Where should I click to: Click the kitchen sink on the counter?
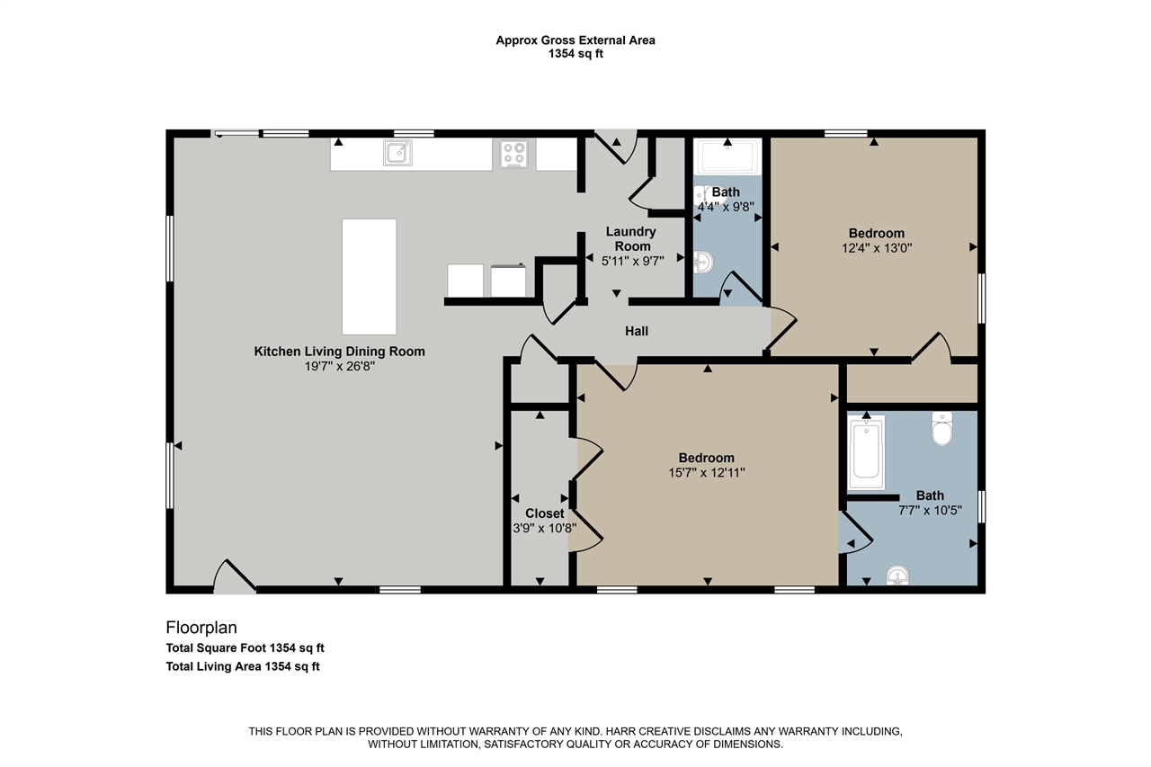(397, 153)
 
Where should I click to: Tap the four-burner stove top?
(513, 153)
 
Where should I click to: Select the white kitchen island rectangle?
(369, 276)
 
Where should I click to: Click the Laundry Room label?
(631, 239)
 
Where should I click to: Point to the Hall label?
(636, 332)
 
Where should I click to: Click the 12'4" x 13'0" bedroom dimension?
(877, 248)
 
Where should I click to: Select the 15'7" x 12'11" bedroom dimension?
(707, 473)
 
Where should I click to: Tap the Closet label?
(545, 513)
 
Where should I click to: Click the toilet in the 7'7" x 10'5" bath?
(941, 428)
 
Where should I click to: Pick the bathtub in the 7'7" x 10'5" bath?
(866, 452)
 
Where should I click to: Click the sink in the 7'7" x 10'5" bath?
(897, 575)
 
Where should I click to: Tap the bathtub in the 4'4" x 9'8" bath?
(727, 156)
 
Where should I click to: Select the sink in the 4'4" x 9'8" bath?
(702, 263)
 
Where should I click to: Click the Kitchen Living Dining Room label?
(339, 352)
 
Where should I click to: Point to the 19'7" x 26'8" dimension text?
(339, 366)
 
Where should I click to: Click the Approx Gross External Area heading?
(575, 40)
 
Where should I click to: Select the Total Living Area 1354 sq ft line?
(243, 666)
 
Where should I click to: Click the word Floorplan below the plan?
(201, 628)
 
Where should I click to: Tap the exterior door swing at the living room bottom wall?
(234, 576)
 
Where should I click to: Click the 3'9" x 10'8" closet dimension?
(545, 528)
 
